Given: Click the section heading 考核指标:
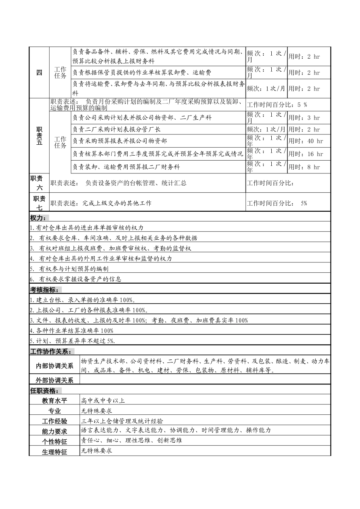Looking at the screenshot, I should (44, 290).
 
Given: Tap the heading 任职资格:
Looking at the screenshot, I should (44, 391).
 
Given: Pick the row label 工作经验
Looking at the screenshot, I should (54, 421).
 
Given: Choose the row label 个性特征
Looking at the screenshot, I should (54, 442).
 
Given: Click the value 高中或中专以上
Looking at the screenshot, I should (103, 401).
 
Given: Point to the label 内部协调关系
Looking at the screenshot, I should (55, 366).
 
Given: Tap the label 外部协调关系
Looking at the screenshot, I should (55, 380).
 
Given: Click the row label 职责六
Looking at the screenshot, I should (39, 183).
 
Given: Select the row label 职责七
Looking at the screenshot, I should (39, 203).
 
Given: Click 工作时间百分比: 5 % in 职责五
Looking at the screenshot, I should (277, 105).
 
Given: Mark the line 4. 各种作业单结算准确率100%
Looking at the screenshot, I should (72, 331).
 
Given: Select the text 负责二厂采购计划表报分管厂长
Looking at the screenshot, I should (117, 130).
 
